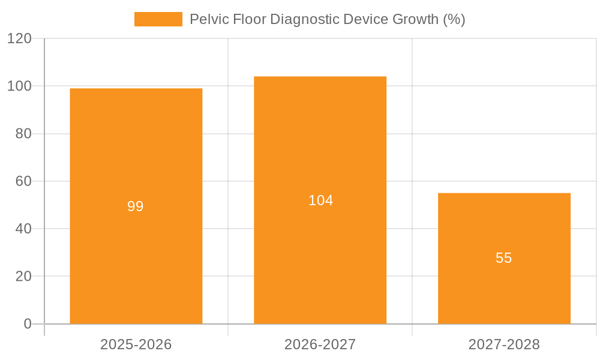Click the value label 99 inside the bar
136,206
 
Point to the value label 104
320,200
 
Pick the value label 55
504,258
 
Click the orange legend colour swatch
158,19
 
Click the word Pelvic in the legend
206,19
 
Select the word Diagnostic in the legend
305,19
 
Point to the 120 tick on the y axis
19,38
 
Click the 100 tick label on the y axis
19,86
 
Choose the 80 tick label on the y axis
23,134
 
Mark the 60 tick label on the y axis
23,181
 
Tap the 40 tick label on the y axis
23,229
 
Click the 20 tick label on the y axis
23,276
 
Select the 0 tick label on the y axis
28,324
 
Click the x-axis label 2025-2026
136,344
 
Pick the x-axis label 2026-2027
320,344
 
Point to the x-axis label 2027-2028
504,344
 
